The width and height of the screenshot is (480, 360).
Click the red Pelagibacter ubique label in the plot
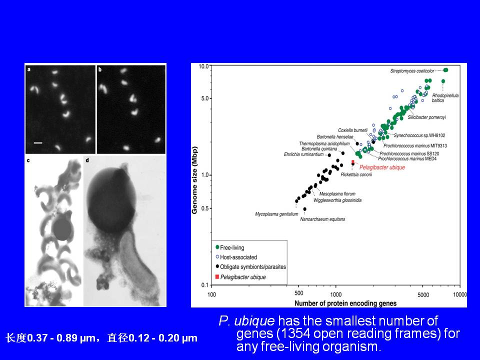(382, 167)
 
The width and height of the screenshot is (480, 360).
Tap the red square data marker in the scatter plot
(352, 161)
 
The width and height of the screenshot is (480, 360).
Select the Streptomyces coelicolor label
(412, 71)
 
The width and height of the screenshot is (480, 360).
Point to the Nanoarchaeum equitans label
(322, 219)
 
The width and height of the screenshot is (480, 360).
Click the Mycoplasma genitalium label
(276, 214)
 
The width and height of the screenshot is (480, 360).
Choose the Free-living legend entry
(230, 247)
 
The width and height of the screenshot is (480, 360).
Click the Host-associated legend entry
(236, 257)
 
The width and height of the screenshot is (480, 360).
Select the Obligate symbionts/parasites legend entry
(250, 267)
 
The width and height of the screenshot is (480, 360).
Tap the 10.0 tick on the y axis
(203, 66)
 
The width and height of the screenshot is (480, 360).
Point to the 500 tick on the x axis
(299, 293)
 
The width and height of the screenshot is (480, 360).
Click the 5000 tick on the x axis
(423, 294)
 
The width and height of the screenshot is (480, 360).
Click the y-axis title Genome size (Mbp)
(194, 180)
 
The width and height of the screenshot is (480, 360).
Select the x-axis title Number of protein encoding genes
(345, 303)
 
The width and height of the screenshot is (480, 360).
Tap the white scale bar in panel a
(38, 142)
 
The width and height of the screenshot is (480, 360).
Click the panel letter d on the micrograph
(87, 160)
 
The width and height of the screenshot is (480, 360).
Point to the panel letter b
(100, 70)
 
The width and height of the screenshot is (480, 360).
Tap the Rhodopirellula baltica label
(445, 98)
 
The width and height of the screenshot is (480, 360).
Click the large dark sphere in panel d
(111, 199)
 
